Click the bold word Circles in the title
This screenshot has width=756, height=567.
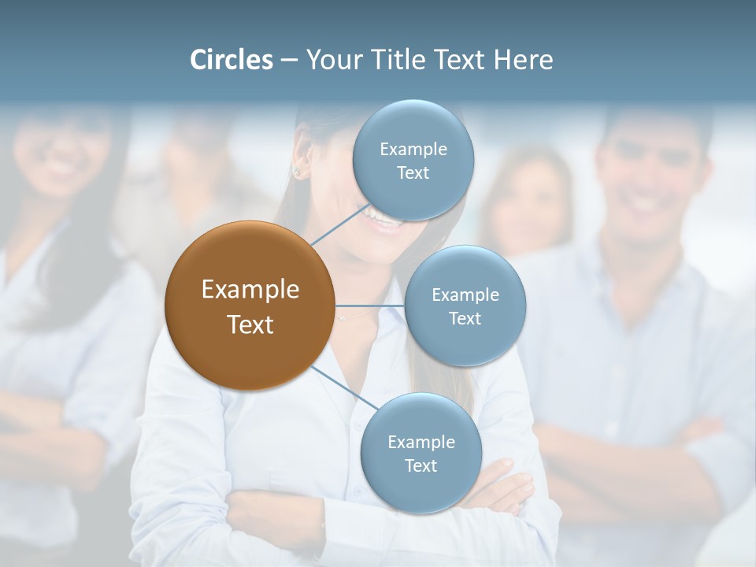[231, 60]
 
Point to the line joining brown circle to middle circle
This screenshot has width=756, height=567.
[370, 306]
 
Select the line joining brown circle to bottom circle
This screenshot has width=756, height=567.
[344, 388]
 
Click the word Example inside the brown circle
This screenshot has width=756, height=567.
[250, 289]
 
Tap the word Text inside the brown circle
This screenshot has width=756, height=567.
[250, 324]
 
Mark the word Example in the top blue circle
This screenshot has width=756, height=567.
[413, 149]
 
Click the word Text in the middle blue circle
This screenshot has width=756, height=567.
[465, 318]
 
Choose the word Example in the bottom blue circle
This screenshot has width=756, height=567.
[421, 442]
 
